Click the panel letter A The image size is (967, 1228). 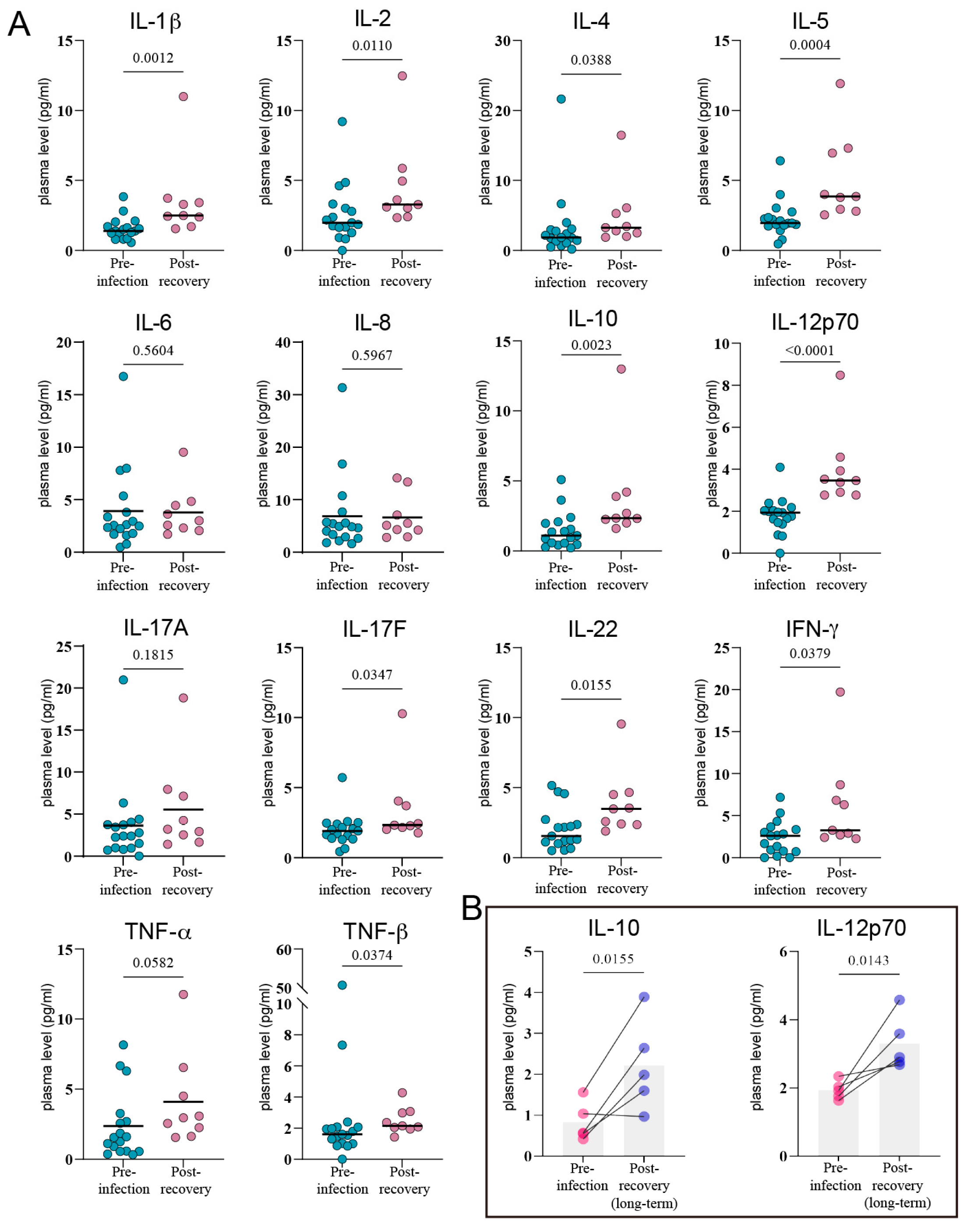tap(19, 25)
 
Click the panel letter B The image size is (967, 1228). tap(472, 909)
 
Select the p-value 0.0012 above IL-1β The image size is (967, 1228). tap(153, 58)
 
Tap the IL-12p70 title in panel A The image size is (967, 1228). tap(815, 322)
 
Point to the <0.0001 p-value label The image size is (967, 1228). tap(810, 351)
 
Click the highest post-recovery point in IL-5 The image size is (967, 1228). tap(840, 84)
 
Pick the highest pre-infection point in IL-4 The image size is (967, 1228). tap(561, 99)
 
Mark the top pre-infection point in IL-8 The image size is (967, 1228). tap(342, 388)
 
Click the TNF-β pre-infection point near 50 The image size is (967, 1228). tap(342, 985)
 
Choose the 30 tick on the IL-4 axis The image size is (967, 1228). tap(503, 41)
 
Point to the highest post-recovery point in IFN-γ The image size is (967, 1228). tap(840, 692)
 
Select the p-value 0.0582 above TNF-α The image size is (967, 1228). tap(153, 963)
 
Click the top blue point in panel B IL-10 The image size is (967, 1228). tap(644, 997)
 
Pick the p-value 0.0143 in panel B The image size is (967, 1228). tap(868, 961)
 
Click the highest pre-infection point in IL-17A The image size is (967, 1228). tap(123, 680)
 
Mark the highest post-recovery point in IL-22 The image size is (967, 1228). tap(621, 724)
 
